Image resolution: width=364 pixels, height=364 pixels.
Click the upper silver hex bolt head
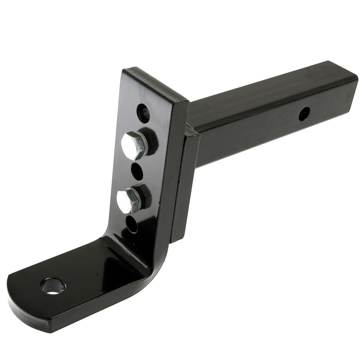click(134, 145)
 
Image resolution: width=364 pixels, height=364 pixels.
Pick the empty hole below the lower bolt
click(132, 224)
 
